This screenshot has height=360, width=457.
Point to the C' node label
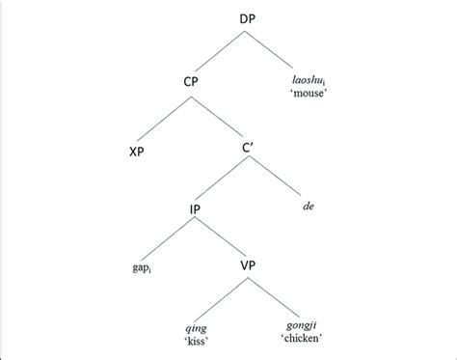point(250,151)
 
